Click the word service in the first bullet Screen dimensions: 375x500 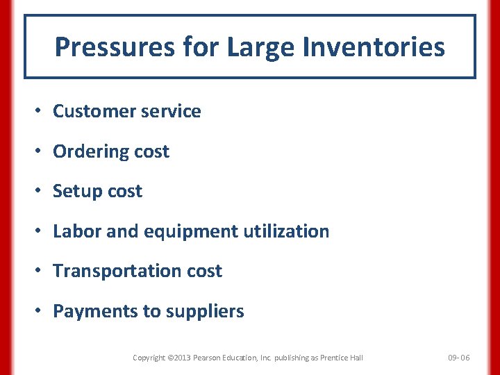pos(174,111)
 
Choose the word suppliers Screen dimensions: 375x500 pos(205,311)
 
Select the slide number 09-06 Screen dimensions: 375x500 pos(458,358)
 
